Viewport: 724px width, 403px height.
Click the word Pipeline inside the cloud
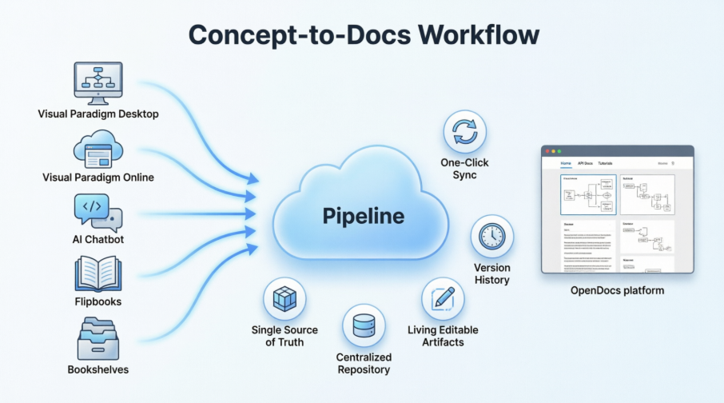click(x=364, y=216)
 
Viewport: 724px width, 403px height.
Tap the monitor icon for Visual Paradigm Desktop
click(x=97, y=82)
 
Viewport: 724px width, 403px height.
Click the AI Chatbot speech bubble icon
click(x=97, y=211)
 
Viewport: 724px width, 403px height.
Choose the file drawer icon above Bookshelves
click(x=97, y=338)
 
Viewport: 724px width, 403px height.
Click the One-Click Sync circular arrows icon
click(x=464, y=133)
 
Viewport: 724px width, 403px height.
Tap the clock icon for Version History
click(x=492, y=237)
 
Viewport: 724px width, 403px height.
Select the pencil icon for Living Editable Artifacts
click(x=443, y=299)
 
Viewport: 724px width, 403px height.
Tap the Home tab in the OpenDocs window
click(x=566, y=163)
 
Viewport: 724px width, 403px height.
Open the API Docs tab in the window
click(x=586, y=163)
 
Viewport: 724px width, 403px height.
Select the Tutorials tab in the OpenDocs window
click(x=606, y=163)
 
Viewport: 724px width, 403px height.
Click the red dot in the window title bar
click(x=547, y=150)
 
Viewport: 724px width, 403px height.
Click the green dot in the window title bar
click(x=559, y=150)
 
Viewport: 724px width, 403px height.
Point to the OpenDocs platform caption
click(x=617, y=290)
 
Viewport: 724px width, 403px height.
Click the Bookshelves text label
click(x=97, y=369)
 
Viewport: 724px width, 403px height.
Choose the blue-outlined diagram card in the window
click(x=588, y=194)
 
